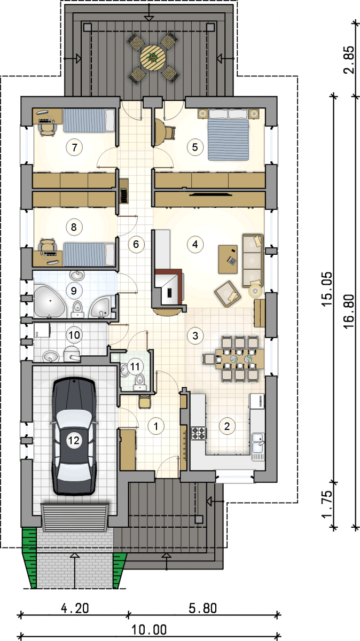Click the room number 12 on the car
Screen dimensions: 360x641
74,440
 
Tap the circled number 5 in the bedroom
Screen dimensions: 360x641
195,147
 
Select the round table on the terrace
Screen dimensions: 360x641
153,58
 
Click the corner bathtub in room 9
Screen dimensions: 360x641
50,301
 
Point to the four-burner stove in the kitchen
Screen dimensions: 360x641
199,433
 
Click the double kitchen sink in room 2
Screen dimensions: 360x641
258,447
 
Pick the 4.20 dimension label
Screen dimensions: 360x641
75,608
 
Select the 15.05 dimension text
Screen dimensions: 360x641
327,289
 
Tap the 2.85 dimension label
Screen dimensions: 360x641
348,60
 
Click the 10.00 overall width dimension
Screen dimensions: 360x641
149,630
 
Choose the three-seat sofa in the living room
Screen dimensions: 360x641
253,261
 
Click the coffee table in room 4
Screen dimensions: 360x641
228,259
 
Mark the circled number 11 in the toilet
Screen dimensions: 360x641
135,366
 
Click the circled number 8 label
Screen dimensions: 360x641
74,227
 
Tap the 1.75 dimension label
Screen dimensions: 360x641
327,504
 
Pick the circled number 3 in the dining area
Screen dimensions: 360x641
195,335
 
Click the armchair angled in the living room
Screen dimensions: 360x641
228,294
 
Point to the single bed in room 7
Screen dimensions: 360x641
89,121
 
